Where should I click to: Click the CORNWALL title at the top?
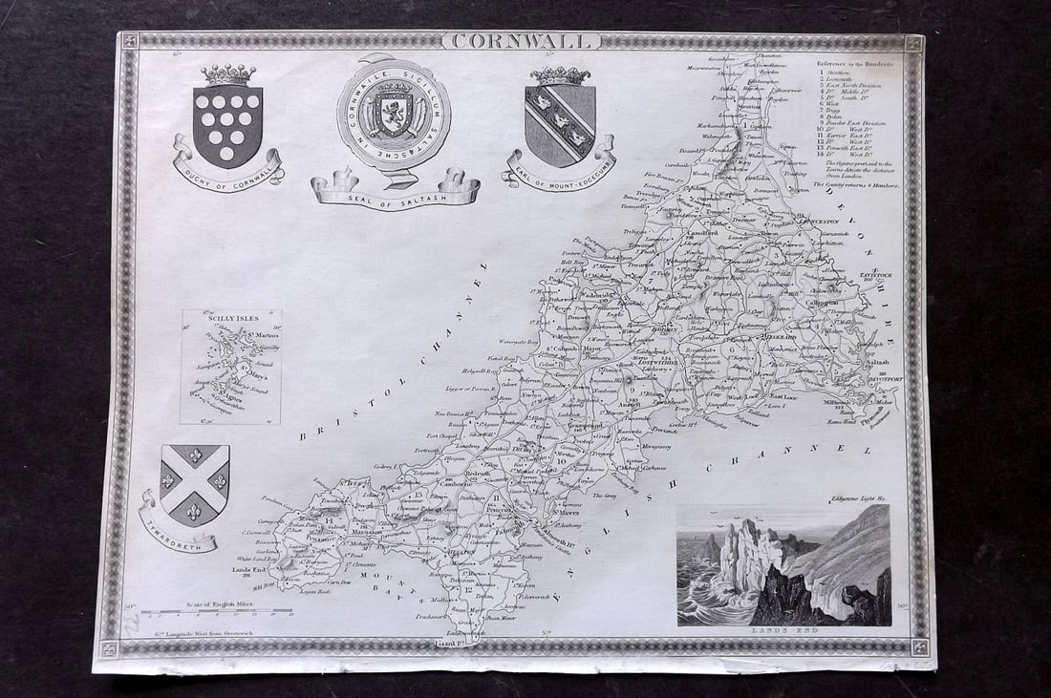(x=522, y=41)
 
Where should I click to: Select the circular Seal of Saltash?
(x=395, y=114)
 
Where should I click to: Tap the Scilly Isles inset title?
(x=210, y=318)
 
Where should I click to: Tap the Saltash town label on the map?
(x=879, y=363)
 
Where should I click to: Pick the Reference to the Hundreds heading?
(x=854, y=63)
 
